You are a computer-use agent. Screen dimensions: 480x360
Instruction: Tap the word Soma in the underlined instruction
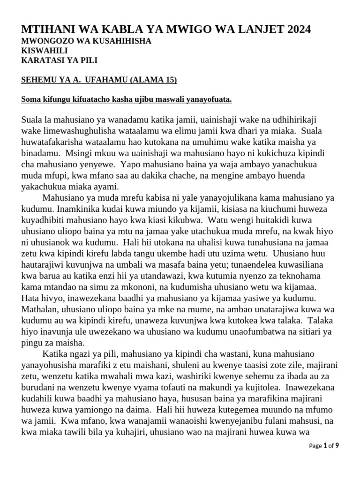click(31, 100)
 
